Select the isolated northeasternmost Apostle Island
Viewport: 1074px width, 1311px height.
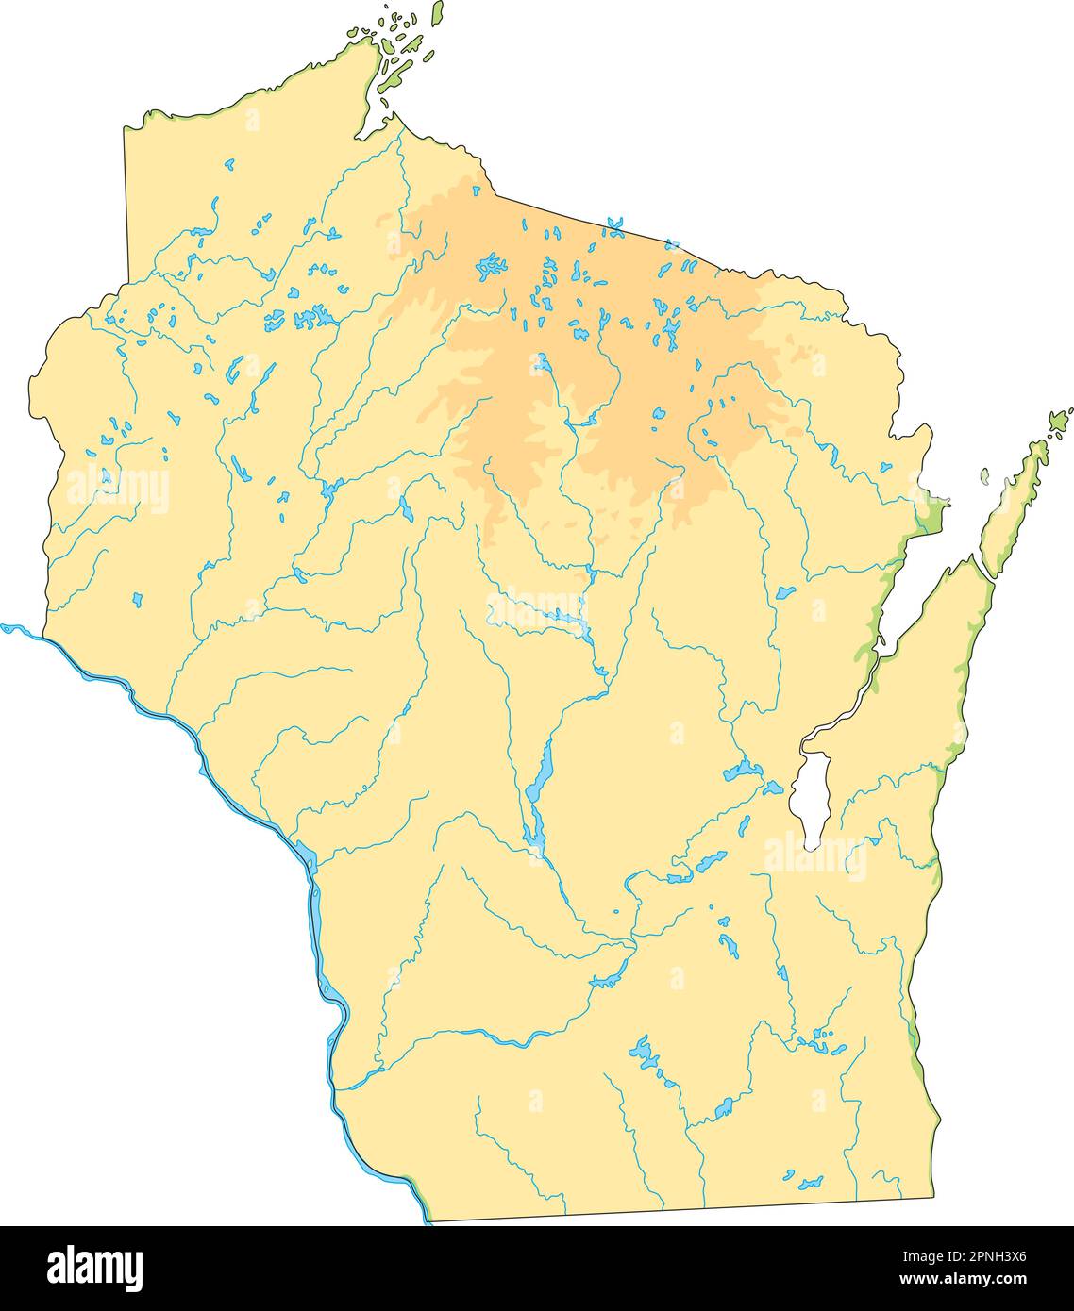pos(437,13)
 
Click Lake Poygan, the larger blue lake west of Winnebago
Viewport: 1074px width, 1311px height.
pos(742,772)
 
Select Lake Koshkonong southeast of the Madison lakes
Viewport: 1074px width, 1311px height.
pos(724,1107)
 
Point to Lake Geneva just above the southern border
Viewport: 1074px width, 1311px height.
pos(809,1181)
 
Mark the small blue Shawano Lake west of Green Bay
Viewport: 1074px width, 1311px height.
pos(783,593)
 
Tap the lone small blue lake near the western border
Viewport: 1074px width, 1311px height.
pos(138,599)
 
